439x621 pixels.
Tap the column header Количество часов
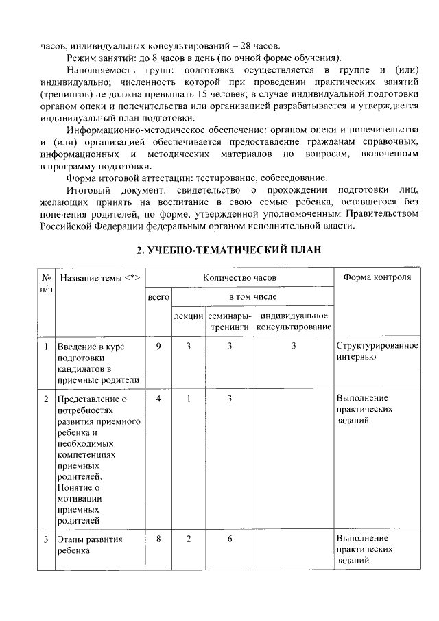click(239, 277)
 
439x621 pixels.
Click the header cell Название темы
click(99, 277)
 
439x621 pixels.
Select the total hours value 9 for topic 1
click(158, 347)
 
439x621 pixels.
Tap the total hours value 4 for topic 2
click(158, 399)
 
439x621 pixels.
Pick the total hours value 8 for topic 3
click(158, 539)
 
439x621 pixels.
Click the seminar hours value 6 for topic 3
click(230, 539)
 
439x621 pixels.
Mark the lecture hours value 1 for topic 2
click(189, 399)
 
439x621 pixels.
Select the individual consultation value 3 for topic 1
click(293, 347)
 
